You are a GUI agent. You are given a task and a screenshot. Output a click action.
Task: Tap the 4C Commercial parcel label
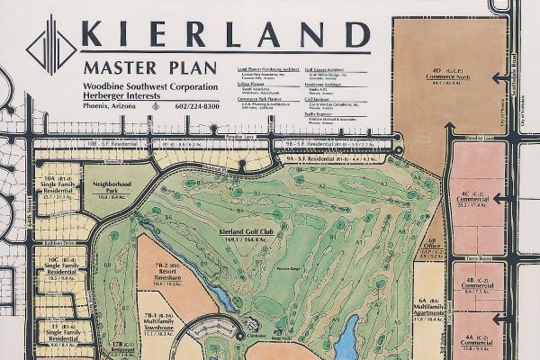pos(474,197)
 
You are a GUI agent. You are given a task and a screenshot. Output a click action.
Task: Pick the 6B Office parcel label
pos(432,247)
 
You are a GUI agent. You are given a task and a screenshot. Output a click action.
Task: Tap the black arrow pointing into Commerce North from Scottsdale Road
pos(497,76)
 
